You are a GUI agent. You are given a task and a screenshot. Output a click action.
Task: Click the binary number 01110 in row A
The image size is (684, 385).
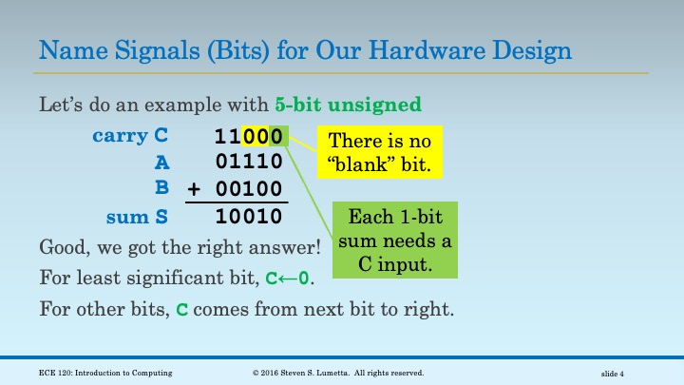(249, 163)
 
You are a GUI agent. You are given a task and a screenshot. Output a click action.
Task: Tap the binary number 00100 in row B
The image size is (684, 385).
(249, 189)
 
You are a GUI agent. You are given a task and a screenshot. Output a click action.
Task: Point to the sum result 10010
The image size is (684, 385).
(249, 217)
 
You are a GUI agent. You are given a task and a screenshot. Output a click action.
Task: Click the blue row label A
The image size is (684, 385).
(161, 163)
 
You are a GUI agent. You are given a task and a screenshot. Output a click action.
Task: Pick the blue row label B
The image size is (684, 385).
(161, 189)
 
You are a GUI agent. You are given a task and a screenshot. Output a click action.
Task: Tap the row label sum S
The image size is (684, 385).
(137, 217)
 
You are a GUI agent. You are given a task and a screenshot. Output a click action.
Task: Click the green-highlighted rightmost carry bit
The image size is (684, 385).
(275, 136)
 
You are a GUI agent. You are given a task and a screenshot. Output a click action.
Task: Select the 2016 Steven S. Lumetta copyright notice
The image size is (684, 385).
(336, 374)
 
